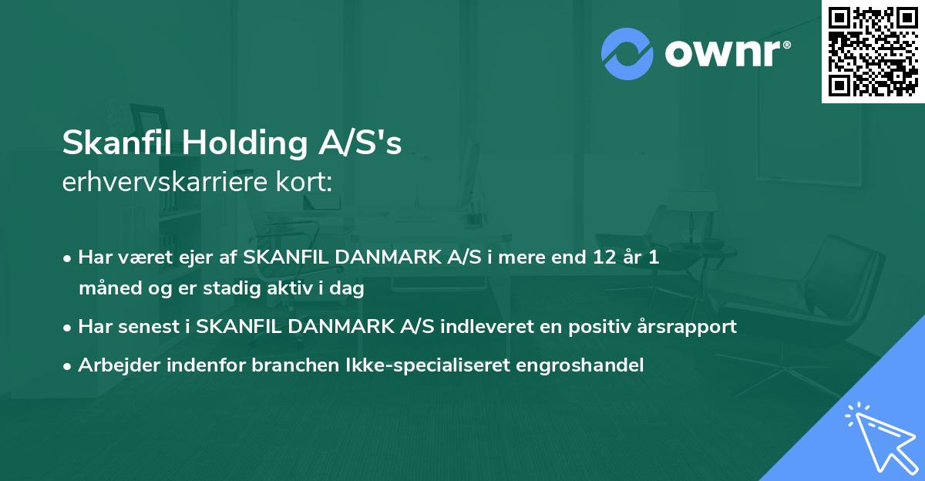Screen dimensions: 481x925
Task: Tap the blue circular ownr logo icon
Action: click(x=627, y=53)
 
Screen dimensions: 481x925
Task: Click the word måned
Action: click(x=105, y=289)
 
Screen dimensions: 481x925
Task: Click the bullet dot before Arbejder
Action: click(x=69, y=366)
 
